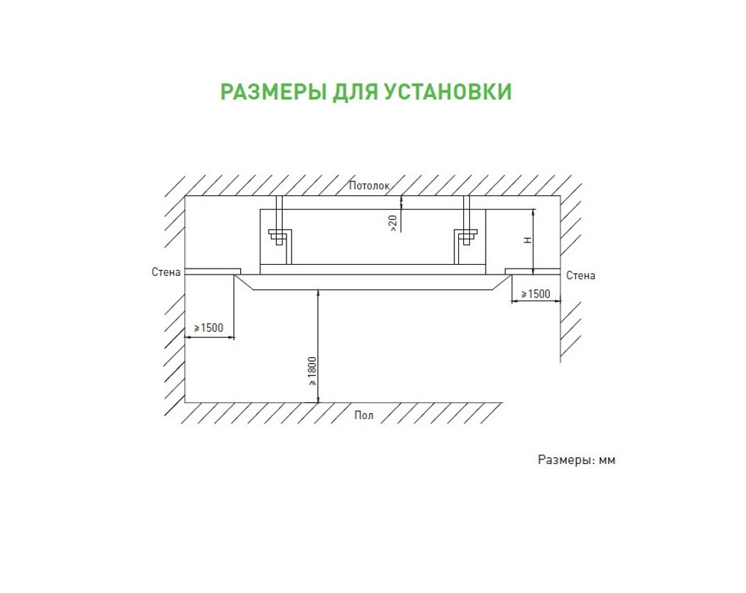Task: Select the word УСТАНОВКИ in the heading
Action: [448, 92]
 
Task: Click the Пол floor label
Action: [363, 415]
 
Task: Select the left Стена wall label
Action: [166, 272]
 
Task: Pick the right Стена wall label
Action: [580, 275]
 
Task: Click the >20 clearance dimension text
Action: [393, 222]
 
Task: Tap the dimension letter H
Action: [527, 240]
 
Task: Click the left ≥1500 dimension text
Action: [209, 328]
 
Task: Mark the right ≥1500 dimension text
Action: [536, 294]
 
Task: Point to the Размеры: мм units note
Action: [577, 460]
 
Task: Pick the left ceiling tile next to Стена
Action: [213, 270]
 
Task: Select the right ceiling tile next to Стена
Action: [532, 270]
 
